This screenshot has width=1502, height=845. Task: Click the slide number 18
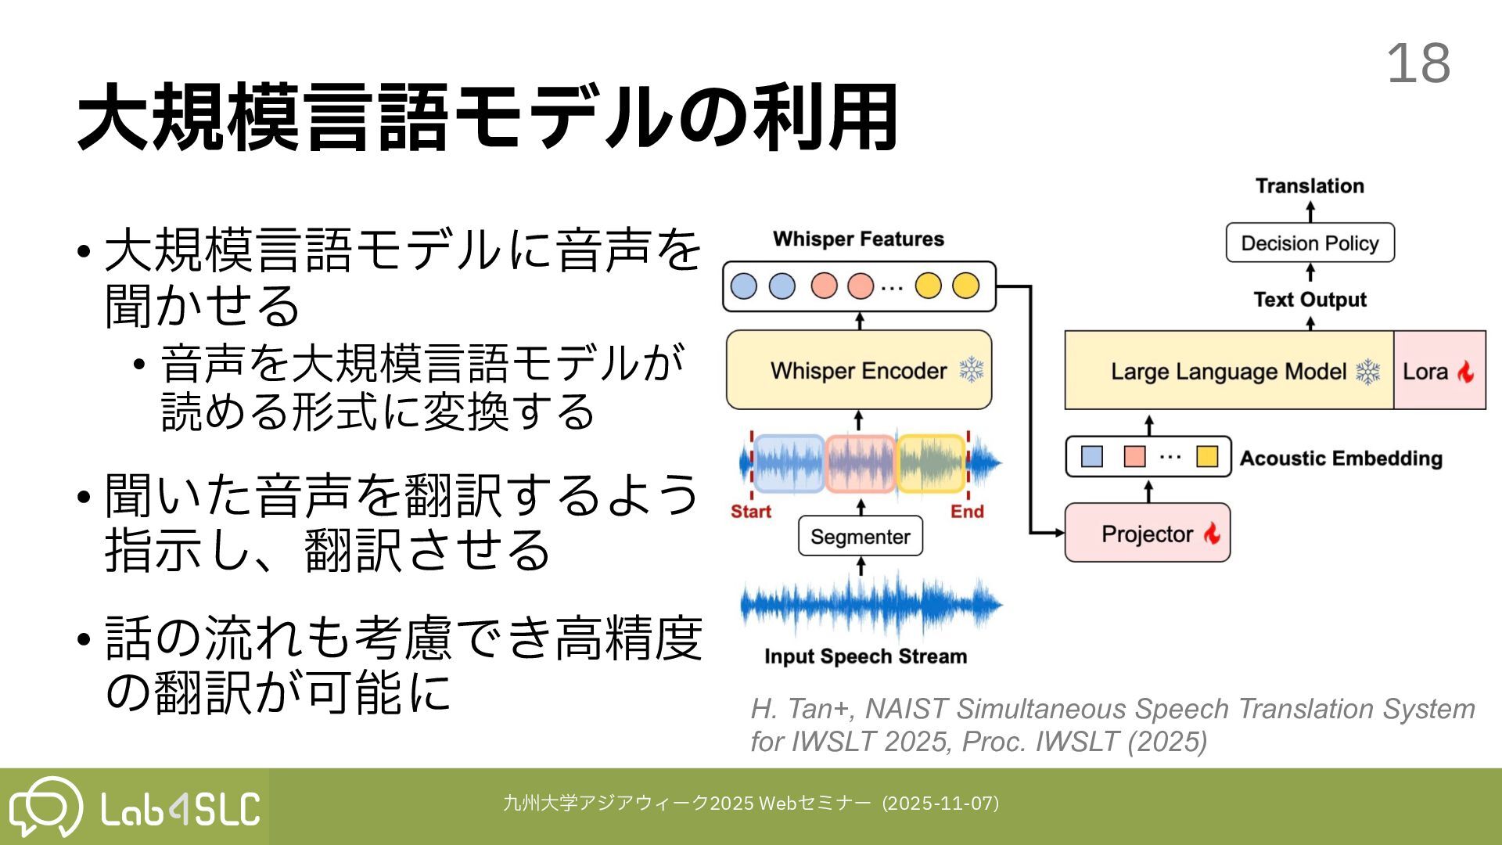point(1418,63)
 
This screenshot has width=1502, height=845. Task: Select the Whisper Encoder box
point(858,370)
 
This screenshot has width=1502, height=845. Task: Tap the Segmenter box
point(860,537)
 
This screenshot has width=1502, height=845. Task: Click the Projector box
point(1147,534)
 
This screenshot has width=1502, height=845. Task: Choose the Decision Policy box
point(1310,243)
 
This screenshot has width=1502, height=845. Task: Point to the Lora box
point(1439,371)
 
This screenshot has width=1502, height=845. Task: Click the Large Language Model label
point(1228,371)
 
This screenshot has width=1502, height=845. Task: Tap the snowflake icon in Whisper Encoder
point(972,369)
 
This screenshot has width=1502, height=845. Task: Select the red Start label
point(751,512)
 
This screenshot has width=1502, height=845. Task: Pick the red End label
point(967,512)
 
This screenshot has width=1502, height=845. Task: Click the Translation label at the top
point(1310,186)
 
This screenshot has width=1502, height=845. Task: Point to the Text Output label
point(1310,300)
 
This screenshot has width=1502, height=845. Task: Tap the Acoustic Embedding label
point(1341,458)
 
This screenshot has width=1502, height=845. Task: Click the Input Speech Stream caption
point(865,656)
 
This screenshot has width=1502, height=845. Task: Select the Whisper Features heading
point(858,239)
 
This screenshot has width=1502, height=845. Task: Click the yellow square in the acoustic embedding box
point(1207,456)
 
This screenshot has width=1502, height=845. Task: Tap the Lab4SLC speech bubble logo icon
point(45,806)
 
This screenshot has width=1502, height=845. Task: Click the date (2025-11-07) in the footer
point(940,804)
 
